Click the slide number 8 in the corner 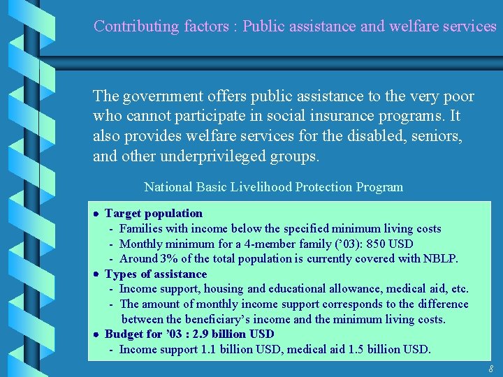(490, 369)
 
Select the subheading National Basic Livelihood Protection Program (273, 187)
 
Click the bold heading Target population (154, 214)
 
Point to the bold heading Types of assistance (156, 274)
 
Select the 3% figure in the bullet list (169, 259)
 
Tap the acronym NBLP (440, 259)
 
